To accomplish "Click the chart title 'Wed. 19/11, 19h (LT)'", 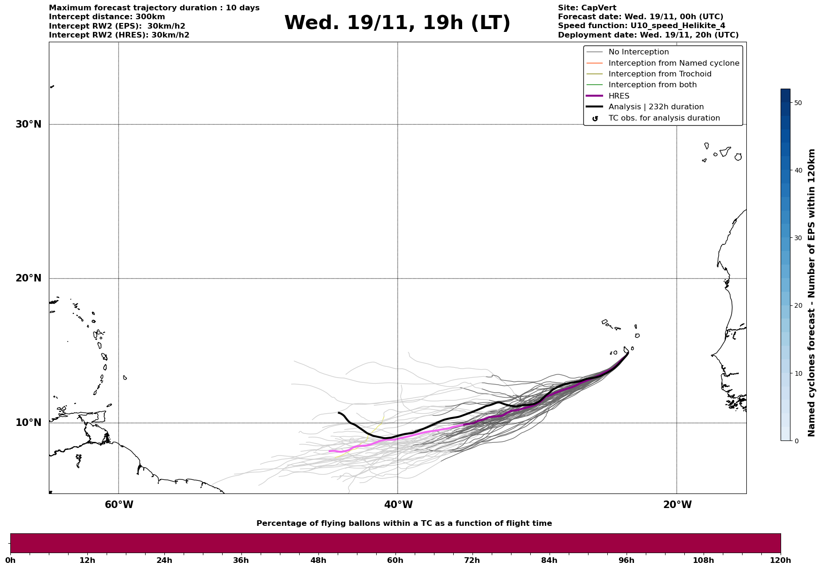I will pos(397,23).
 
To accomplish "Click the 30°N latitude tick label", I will pos(29,124).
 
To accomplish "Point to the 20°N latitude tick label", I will pos(29,278).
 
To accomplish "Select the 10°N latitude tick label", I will pos(29,423).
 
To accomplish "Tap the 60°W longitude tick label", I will pos(119,505).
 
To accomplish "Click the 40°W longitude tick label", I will pos(398,505).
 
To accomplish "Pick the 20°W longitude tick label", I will pos(677,505).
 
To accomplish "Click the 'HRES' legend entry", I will pos(619,96).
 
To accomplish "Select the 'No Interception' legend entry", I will pos(638,52).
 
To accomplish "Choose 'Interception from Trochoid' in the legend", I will pos(659,74).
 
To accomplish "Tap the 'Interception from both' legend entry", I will pos(652,85).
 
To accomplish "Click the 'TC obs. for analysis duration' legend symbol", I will pos(595,119).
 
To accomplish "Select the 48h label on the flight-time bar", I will pos(318,561).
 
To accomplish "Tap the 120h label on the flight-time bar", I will pos(780,561).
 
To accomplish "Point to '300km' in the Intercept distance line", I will pos(150,17).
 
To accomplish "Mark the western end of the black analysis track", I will pos(339,413).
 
